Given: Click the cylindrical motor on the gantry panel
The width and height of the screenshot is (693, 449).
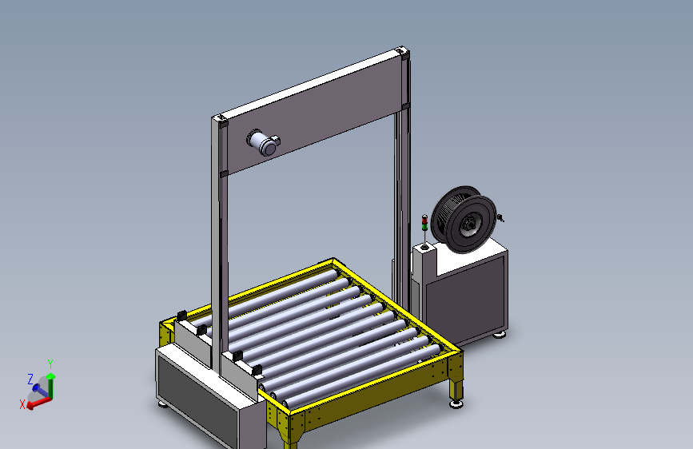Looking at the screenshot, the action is pyautogui.click(x=264, y=142).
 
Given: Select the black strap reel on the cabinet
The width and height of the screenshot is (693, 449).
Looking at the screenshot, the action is pyautogui.click(x=464, y=219).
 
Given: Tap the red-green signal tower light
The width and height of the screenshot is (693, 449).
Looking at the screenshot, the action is pyautogui.click(x=424, y=223).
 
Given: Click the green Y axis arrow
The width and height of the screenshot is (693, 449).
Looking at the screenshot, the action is pyautogui.click(x=51, y=385).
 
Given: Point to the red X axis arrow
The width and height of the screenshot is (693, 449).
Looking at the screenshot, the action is pyautogui.click(x=39, y=403).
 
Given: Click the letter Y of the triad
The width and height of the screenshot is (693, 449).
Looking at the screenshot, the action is pyautogui.click(x=50, y=364).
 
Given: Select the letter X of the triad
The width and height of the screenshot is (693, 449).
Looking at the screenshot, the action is pyautogui.click(x=22, y=404).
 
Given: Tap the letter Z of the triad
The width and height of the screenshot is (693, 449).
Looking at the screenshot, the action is pyautogui.click(x=30, y=379).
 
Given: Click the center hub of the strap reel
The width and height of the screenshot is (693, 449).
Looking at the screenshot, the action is pyautogui.click(x=468, y=226).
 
